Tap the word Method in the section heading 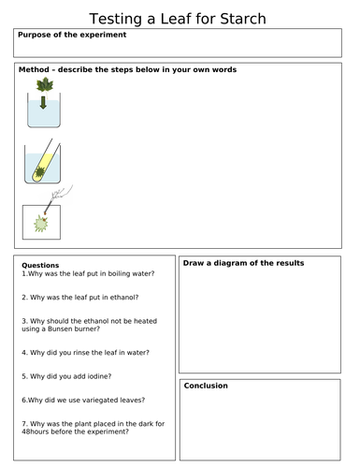click(34, 70)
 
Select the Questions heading click(39, 265)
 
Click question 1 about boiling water click(88, 273)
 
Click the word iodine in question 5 click(89, 376)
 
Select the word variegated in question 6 click(100, 400)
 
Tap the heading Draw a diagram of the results click(243, 263)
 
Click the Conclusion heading click(206, 386)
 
